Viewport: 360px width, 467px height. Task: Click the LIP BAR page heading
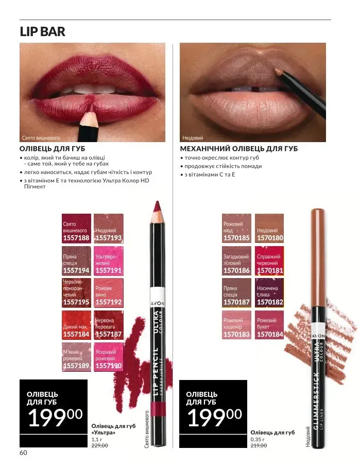(x=42, y=31)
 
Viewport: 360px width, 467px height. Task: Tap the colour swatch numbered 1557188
(x=76, y=229)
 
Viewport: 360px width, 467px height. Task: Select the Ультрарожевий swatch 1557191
(x=109, y=261)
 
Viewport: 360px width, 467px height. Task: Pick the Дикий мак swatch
(x=76, y=325)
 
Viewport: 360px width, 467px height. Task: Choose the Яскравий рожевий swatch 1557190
(x=109, y=357)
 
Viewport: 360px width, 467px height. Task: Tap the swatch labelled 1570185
(x=236, y=229)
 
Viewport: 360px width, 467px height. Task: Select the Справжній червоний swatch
(x=269, y=261)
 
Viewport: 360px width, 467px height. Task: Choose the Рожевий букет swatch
(x=269, y=325)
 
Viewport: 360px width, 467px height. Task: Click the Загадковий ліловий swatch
(x=236, y=261)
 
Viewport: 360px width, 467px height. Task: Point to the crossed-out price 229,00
(x=99, y=445)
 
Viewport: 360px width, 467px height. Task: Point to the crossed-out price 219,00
(x=259, y=445)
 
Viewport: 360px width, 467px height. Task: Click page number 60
(x=23, y=453)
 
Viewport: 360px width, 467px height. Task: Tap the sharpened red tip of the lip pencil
(x=157, y=206)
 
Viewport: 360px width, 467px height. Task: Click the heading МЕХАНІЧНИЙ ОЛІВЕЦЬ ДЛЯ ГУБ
(x=238, y=149)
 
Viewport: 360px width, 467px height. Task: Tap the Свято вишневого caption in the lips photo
(x=41, y=138)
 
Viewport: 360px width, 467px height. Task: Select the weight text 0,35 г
(x=258, y=439)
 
